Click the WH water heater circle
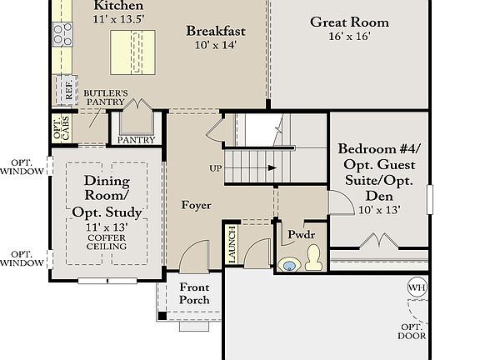point(417,287)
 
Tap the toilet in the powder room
point(313,257)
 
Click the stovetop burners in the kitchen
point(62,34)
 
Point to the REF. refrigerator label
point(68,90)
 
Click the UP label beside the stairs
point(216,168)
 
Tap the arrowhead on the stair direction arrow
point(272,167)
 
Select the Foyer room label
point(196,205)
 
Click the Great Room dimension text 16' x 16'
point(350,36)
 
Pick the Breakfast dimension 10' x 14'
point(216,45)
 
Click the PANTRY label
point(136,140)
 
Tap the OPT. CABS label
point(62,128)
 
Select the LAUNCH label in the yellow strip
point(232,245)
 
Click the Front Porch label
point(194,293)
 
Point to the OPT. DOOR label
point(412,331)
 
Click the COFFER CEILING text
point(107,242)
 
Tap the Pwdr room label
point(301,234)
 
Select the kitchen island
point(132,52)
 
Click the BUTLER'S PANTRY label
point(105,97)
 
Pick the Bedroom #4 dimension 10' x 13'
point(380,210)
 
